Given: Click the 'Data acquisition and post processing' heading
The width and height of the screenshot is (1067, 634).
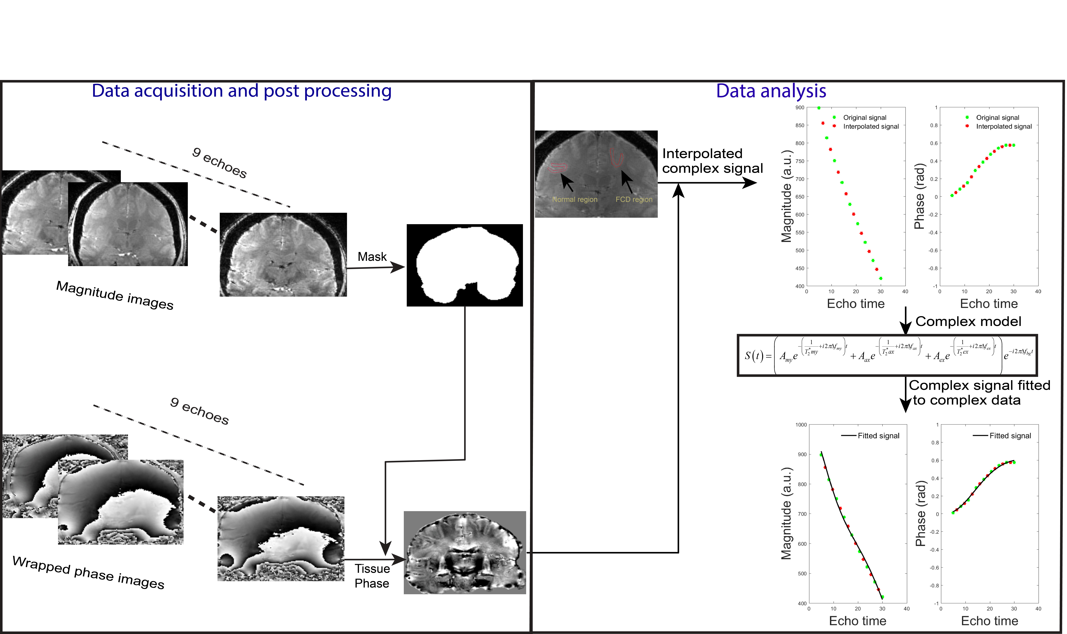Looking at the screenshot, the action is click(x=241, y=91).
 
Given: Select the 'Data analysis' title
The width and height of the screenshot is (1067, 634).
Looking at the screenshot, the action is click(x=771, y=91).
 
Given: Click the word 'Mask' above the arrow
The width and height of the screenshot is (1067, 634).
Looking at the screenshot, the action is click(x=372, y=257).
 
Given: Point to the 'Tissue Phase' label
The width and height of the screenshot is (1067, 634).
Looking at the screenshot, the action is click(x=372, y=576).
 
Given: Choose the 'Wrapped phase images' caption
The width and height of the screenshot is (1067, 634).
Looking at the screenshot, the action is click(x=88, y=572).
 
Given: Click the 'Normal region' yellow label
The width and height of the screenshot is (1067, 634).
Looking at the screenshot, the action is click(x=574, y=200).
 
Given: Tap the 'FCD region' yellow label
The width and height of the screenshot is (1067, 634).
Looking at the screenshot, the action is click(x=634, y=200).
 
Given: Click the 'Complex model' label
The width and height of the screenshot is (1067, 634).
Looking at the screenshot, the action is click(x=968, y=321).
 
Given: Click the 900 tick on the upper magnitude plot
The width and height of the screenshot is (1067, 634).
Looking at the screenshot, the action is click(x=799, y=108).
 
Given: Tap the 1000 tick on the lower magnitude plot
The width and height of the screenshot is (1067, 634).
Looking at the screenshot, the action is click(x=801, y=425).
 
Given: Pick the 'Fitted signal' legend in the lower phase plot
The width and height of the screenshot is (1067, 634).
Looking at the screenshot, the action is click(x=1010, y=436).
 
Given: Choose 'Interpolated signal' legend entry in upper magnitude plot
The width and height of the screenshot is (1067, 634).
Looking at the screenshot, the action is click(x=871, y=126).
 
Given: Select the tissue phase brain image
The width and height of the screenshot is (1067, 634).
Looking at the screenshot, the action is click(x=465, y=552).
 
